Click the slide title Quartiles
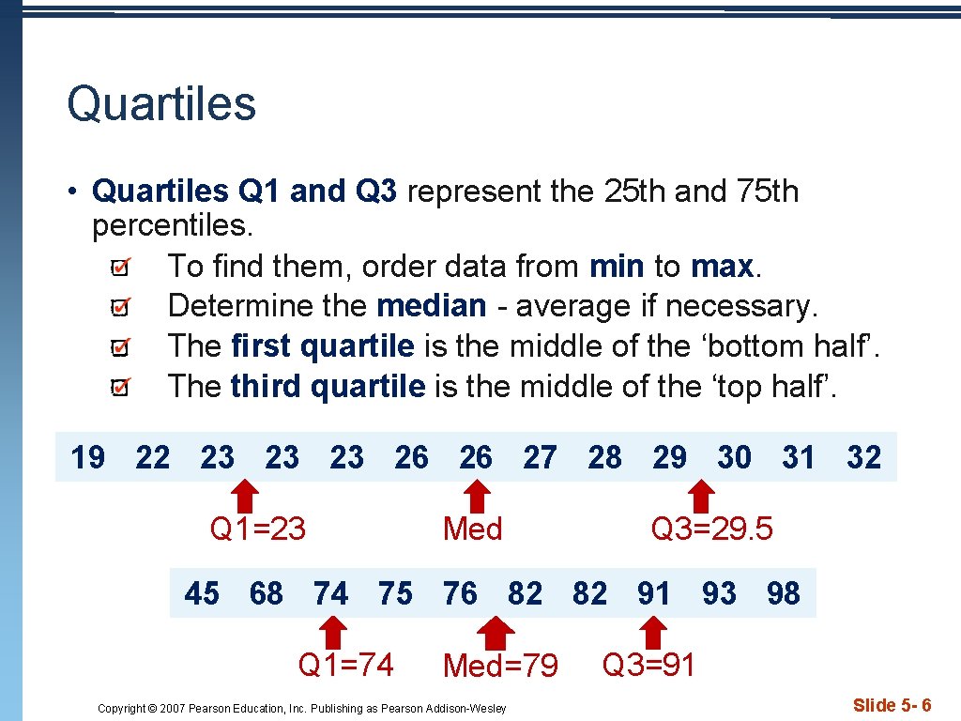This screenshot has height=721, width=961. point(161,103)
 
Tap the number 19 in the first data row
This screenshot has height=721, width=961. point(88,458)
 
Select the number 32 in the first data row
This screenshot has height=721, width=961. point(863,458)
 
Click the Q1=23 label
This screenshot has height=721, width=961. point(258,529)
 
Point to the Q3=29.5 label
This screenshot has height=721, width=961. point(712,529)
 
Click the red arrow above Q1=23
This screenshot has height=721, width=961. point(246,495)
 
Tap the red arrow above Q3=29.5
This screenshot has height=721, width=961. point(701,495)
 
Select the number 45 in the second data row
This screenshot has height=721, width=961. point(202,594)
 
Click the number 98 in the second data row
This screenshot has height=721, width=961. point(783,594)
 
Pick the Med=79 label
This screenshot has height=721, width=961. point(500,667)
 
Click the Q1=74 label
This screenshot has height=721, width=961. point(345,665)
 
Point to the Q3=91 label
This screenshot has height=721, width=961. point(648,665)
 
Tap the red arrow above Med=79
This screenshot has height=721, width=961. point(491,631)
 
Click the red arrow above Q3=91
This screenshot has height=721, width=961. point(655,631)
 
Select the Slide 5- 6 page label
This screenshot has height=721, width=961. point(892,705)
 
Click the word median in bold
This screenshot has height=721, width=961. point(432,306)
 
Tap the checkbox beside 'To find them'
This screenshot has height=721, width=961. point(120,269)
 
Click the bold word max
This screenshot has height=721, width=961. point(722,267)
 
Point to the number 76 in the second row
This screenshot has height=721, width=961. point(460,594)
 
